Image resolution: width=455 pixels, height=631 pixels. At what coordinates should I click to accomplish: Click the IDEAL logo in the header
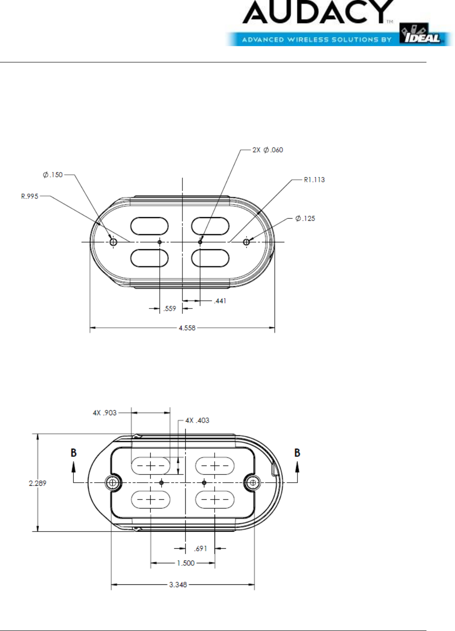421,34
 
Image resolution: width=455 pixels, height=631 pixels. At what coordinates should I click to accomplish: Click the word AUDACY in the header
318,12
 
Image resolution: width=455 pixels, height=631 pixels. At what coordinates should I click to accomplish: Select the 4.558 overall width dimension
187,328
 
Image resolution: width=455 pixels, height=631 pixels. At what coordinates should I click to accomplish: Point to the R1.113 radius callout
314,180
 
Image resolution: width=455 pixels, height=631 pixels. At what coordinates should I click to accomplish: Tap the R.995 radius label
29,196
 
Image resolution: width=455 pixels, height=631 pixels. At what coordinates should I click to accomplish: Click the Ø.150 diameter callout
53,175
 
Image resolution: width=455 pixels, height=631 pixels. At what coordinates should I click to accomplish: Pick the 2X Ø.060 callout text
268,150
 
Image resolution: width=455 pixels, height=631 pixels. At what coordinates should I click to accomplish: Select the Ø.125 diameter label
305,218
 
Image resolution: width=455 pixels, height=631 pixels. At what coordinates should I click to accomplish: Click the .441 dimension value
220,301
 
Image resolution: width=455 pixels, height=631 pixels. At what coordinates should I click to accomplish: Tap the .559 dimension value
169,308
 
